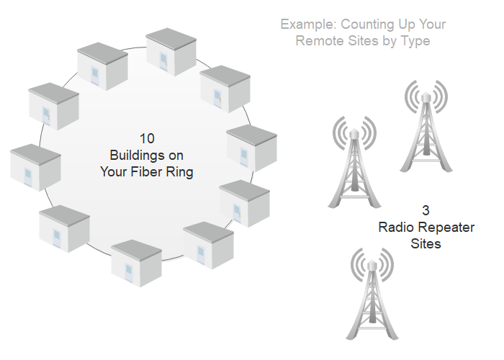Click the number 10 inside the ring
147,139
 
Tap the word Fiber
146,172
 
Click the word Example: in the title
309,24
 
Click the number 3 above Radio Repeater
426,210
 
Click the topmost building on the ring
171,52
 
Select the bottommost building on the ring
136,263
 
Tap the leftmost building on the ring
35,168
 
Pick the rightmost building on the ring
252,148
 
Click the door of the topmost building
163,61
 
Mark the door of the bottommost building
129,272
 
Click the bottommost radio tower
372,294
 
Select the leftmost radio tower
354,162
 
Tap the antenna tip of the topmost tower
426,93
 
